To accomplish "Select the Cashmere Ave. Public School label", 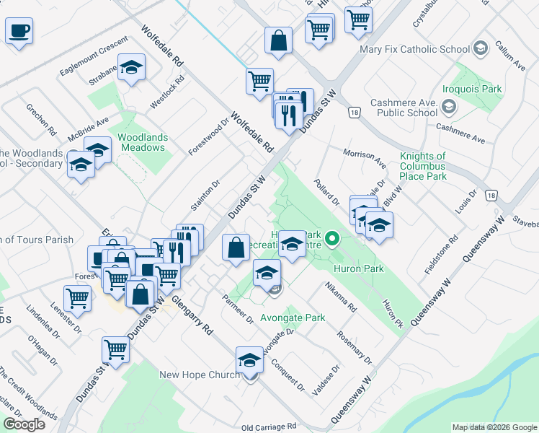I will click(x=404, y=108).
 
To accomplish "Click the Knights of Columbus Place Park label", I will click(x=424, y=166).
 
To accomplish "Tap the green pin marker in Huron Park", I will click(x=331, y=237).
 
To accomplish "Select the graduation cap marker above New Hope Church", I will click(x=250, y=360).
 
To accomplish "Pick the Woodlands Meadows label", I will click(x=143, y=142).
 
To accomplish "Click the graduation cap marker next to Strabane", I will click(x=131, y=69).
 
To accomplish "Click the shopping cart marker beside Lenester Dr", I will click(x=77, y=297).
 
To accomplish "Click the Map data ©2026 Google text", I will click(x=494, y=427).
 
